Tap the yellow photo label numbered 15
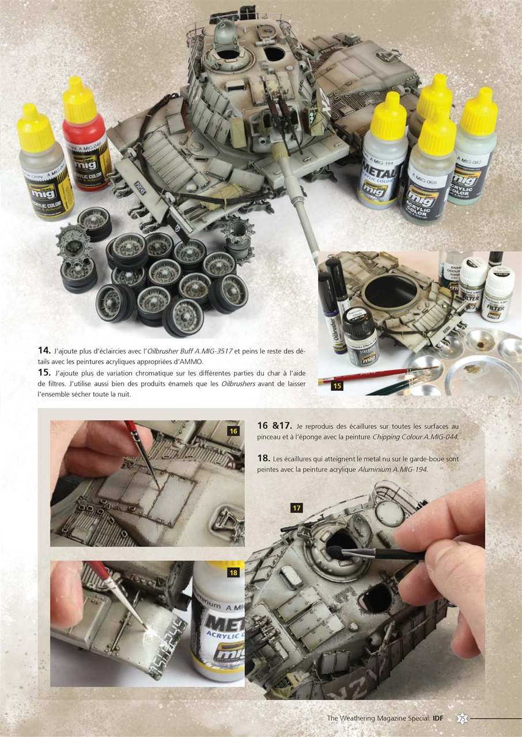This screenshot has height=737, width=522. coord(337,386)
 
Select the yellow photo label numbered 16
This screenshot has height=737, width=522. coord(233,431)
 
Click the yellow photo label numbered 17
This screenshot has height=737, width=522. coord(297,507)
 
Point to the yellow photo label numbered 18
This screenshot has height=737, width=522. coord(233,572)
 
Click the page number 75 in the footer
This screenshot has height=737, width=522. coord(462,718)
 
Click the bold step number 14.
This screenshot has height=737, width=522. coord(44,350)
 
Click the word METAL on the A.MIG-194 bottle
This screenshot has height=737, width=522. coord(379,173)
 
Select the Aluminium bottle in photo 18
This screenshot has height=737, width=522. coord(218,622)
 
